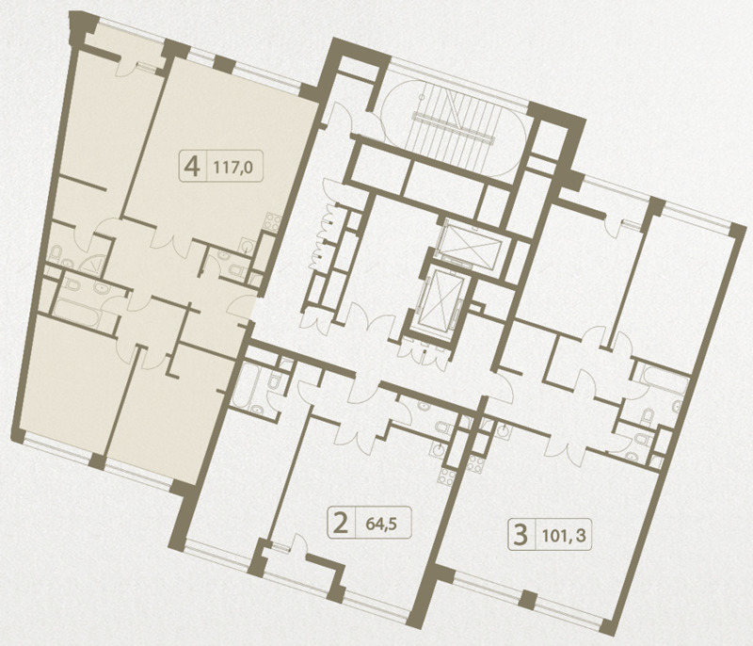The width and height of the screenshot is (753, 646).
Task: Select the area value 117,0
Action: (232, 168)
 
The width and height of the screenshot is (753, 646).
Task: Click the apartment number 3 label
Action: (521, 535)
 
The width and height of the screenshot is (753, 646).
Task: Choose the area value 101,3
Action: (565, 535)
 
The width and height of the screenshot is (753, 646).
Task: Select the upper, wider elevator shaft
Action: (473, 244)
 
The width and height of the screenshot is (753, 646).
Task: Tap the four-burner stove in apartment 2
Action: (447, 477)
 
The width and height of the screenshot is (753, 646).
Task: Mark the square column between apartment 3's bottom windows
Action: (529, 599)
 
